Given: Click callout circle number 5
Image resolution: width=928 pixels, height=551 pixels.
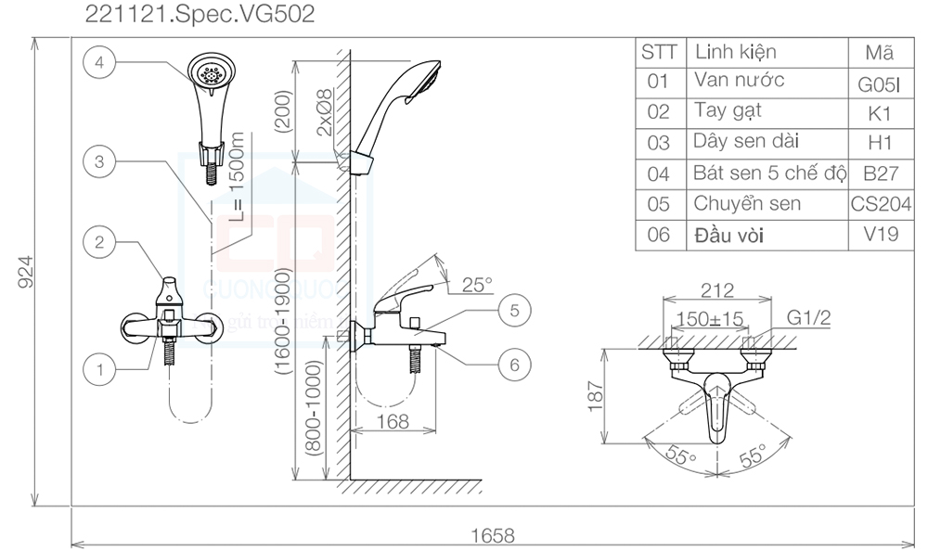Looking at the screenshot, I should (x=513, y=310).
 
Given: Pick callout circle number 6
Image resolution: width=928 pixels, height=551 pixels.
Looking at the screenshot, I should (x=513, y=364).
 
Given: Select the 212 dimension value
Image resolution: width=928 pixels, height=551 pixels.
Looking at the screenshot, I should (x=716, y=290).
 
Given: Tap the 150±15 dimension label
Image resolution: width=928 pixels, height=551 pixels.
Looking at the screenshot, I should (x=711, y=318).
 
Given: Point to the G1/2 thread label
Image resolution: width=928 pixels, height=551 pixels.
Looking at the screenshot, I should (x=809, y=318).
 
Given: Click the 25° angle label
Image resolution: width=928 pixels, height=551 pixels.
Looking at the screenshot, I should (x=478, y=286).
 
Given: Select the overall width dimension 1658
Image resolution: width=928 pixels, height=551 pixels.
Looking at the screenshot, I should (x=493, y=535).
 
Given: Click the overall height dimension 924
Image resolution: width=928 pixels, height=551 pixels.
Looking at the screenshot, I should (x=27, y=271).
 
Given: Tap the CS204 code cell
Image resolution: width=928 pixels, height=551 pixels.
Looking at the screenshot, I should (x=881, y=204).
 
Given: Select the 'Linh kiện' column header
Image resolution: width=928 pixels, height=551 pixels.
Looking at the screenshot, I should (x=735, y=52).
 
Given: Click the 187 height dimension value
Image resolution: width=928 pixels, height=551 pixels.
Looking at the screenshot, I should (x=596, y=396).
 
